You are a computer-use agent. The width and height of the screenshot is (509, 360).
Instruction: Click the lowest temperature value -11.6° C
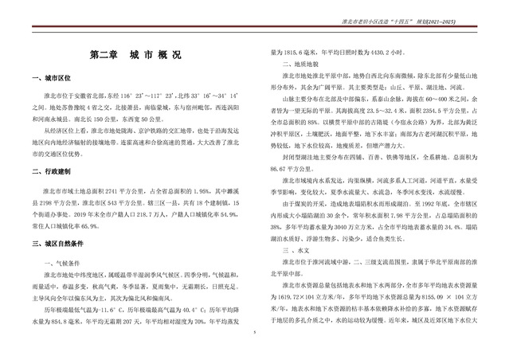tap(103, 307)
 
